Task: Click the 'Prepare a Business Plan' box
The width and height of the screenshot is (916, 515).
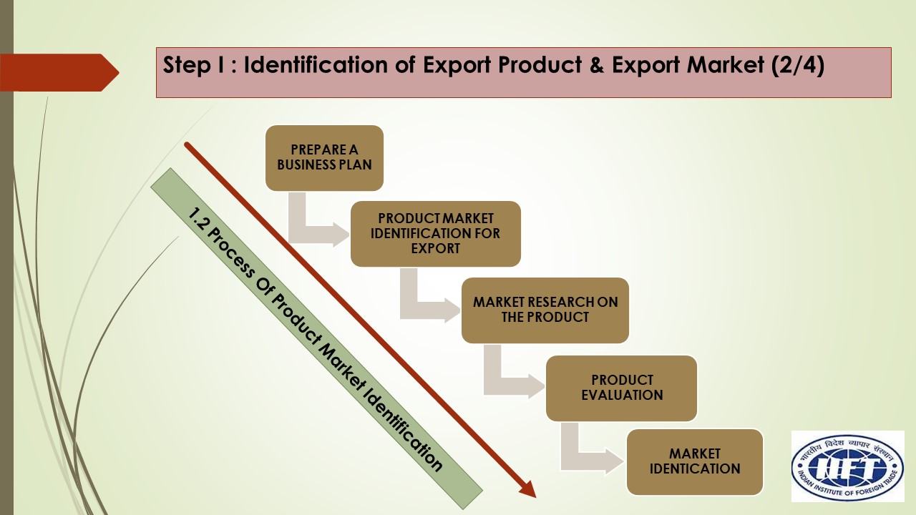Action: pos(324,158)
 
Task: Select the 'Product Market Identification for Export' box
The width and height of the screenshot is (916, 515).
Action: pos(435,234)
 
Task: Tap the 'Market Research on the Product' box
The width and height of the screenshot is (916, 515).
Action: pos(545,310)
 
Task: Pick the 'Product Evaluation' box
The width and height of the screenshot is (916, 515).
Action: pos(621,388)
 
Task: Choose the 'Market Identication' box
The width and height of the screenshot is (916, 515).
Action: pos(694,461)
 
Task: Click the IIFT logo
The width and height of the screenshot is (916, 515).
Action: pos(847,466)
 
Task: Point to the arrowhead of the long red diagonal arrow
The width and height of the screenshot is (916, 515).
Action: pos(527,488)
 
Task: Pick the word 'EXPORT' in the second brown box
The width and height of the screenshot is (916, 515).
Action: pos(435,249)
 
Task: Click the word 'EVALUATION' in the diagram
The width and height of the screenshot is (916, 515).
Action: pos(621,395)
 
